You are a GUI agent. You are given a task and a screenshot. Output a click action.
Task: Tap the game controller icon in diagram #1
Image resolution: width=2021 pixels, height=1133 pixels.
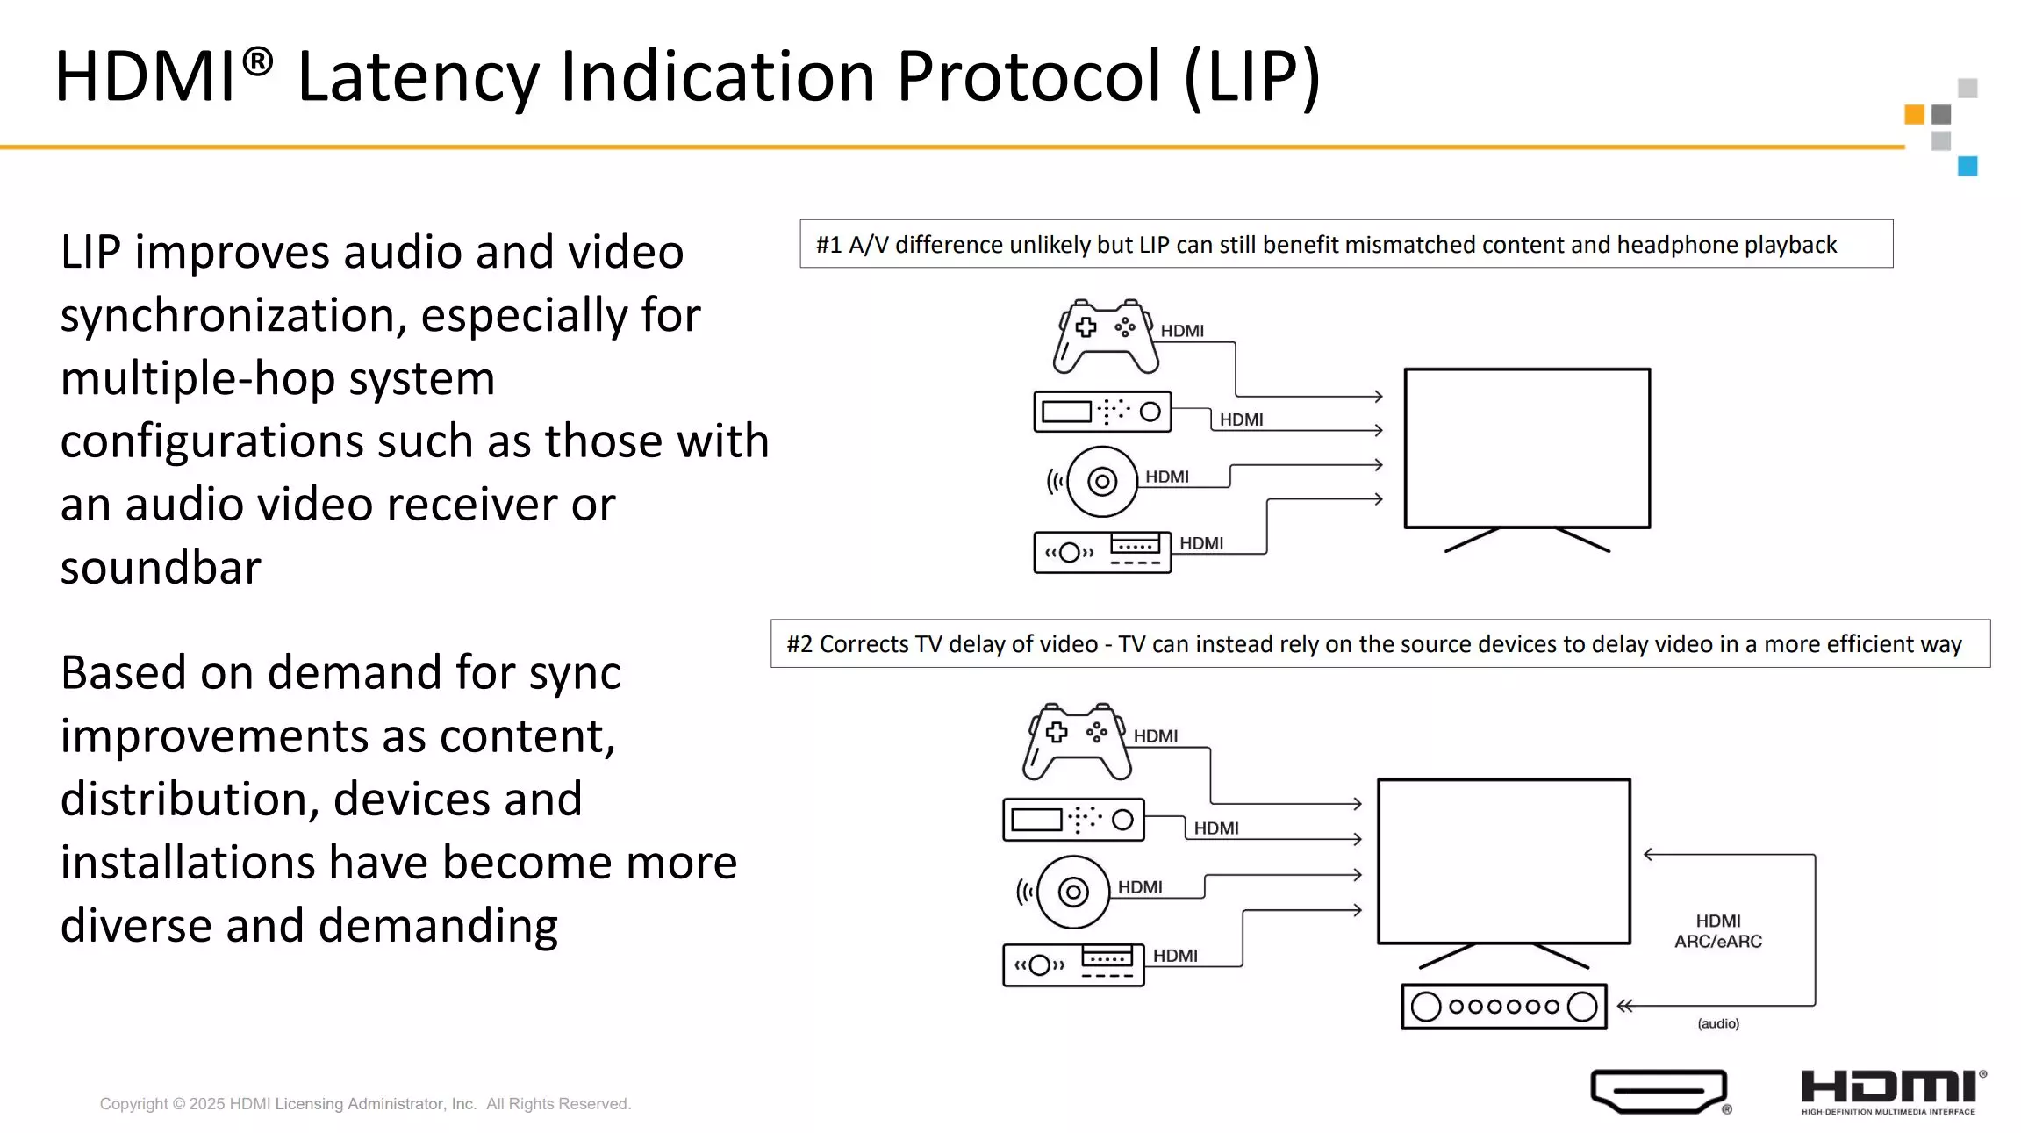click(1106, 337)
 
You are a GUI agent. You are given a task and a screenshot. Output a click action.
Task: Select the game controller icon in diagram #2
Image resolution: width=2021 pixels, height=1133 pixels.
click(1078, 742)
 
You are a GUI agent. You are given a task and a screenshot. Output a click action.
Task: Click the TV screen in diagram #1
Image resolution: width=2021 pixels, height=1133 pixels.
click(1527, 448)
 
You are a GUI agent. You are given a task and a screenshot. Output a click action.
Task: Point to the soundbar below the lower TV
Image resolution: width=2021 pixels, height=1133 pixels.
click(1504, 1007)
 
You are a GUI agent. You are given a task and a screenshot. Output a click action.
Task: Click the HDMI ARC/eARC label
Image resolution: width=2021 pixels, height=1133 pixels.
click(1718, 931)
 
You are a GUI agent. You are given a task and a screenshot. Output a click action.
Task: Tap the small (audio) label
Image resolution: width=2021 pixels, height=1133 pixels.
click(1718, 1023)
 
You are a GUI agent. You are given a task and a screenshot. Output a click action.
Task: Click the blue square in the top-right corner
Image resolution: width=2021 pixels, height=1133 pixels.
click(1967, 166)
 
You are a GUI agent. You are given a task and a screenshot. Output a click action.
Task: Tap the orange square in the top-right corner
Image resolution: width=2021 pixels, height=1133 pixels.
click(1914, 114)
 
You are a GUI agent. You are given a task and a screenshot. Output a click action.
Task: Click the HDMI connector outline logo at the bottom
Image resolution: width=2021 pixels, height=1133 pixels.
click(1659, 1091)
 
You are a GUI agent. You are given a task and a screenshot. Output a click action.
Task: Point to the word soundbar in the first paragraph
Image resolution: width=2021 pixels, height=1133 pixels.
click(161, 567)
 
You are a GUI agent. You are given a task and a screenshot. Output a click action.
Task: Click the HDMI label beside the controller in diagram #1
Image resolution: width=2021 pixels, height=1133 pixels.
click(1182, 331)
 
